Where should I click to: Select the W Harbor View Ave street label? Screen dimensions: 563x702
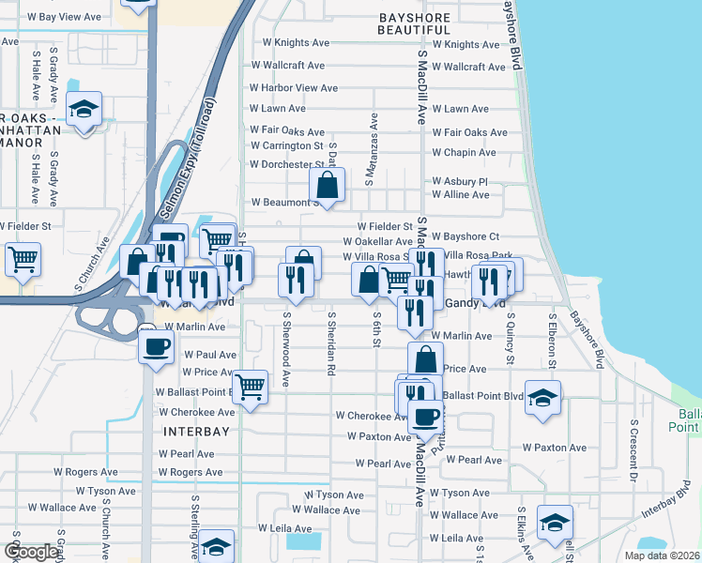(293, 88)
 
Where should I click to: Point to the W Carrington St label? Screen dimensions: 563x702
(285, 146)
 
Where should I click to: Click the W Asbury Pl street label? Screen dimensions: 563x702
(460, 182)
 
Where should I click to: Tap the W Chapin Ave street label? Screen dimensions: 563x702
(464, 153)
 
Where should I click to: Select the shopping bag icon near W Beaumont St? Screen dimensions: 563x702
(328, 185)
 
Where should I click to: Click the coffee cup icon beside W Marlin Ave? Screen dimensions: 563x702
(156, 346)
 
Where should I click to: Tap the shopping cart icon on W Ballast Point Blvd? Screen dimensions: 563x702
(250, 386)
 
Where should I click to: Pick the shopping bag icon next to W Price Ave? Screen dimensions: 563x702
(425, 358)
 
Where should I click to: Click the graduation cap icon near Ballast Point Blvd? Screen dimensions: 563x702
(543, 397)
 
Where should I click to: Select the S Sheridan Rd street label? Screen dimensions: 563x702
(331, 346)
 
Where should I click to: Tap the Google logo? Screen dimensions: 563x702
(30, 552)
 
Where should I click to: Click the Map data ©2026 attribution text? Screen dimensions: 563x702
(662, 555)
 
